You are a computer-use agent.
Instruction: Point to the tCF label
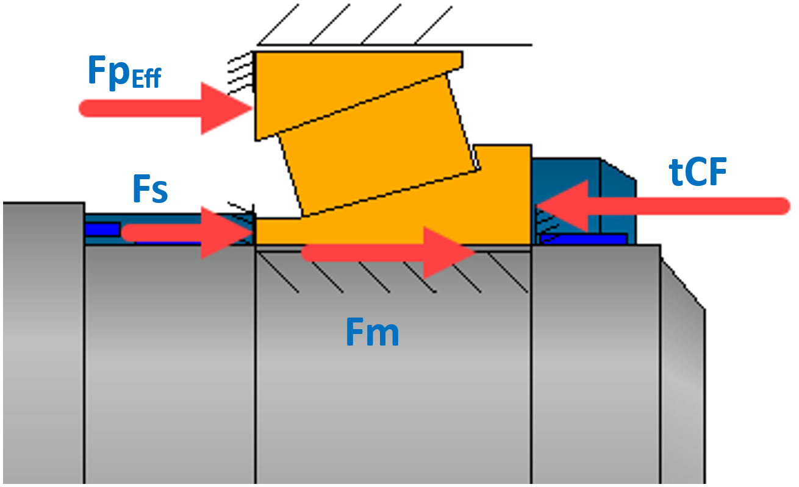click(698, 174)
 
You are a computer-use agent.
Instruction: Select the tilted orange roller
click(377, 146)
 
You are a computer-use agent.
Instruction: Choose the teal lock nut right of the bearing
click(616, 183)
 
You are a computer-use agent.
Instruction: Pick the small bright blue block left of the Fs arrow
click(102, 229)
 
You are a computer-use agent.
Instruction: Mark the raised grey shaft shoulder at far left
click(43, 341)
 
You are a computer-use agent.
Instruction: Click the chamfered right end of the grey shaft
click(683, 366)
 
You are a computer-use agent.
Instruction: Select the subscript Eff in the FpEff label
click(145, 80)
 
